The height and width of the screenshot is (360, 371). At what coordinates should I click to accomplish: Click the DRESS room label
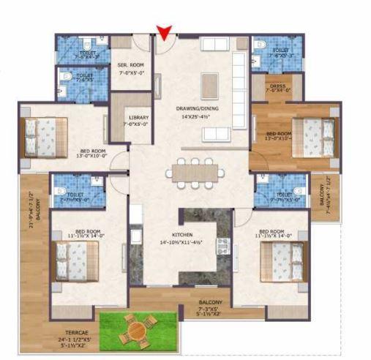point(277,88)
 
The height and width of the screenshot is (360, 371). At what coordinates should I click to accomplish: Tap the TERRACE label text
point(71,333)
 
